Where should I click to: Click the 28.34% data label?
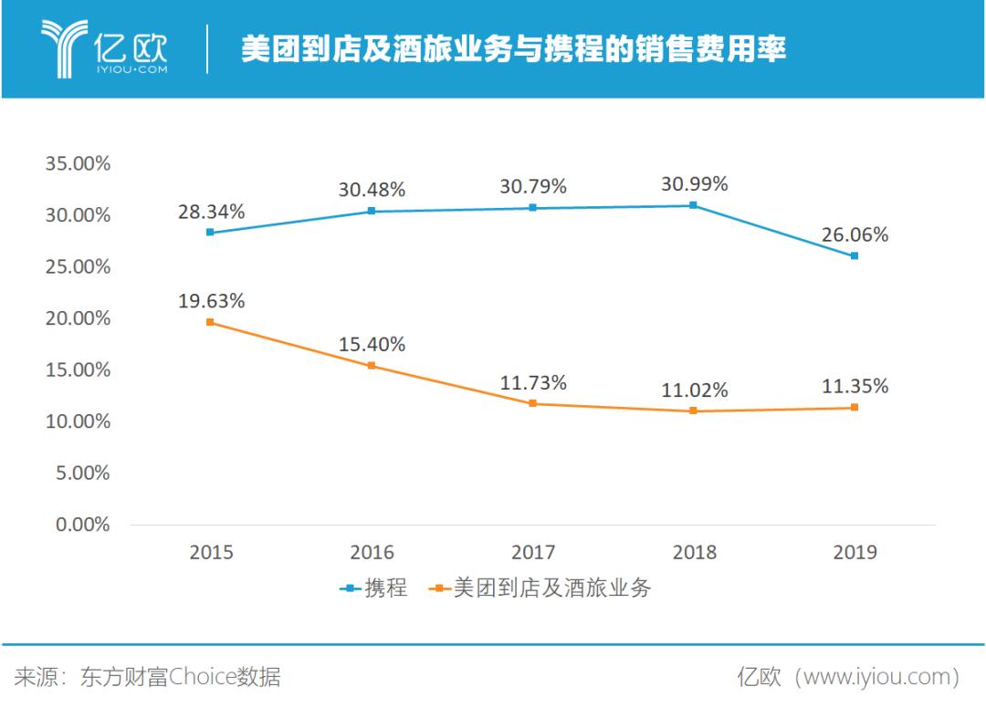click(211, 212)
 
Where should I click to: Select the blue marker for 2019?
click(855, 255)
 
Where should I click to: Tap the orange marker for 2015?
click(211, 322)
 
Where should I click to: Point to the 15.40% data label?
click(372, 345)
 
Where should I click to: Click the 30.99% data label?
click(694, 184)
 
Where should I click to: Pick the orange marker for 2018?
click(694, 411)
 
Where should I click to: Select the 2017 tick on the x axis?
click(533, 552)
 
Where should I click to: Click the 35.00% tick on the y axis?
click(78, 164)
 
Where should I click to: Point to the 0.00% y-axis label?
click(82, 526)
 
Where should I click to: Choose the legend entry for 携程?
click(373, 588)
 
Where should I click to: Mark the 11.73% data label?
click(533, 383)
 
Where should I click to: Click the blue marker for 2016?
click(372, 211)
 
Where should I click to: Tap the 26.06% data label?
click(855, 234)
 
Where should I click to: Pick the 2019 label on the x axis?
click(855, 552)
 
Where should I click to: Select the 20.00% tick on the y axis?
click(78, 318)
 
